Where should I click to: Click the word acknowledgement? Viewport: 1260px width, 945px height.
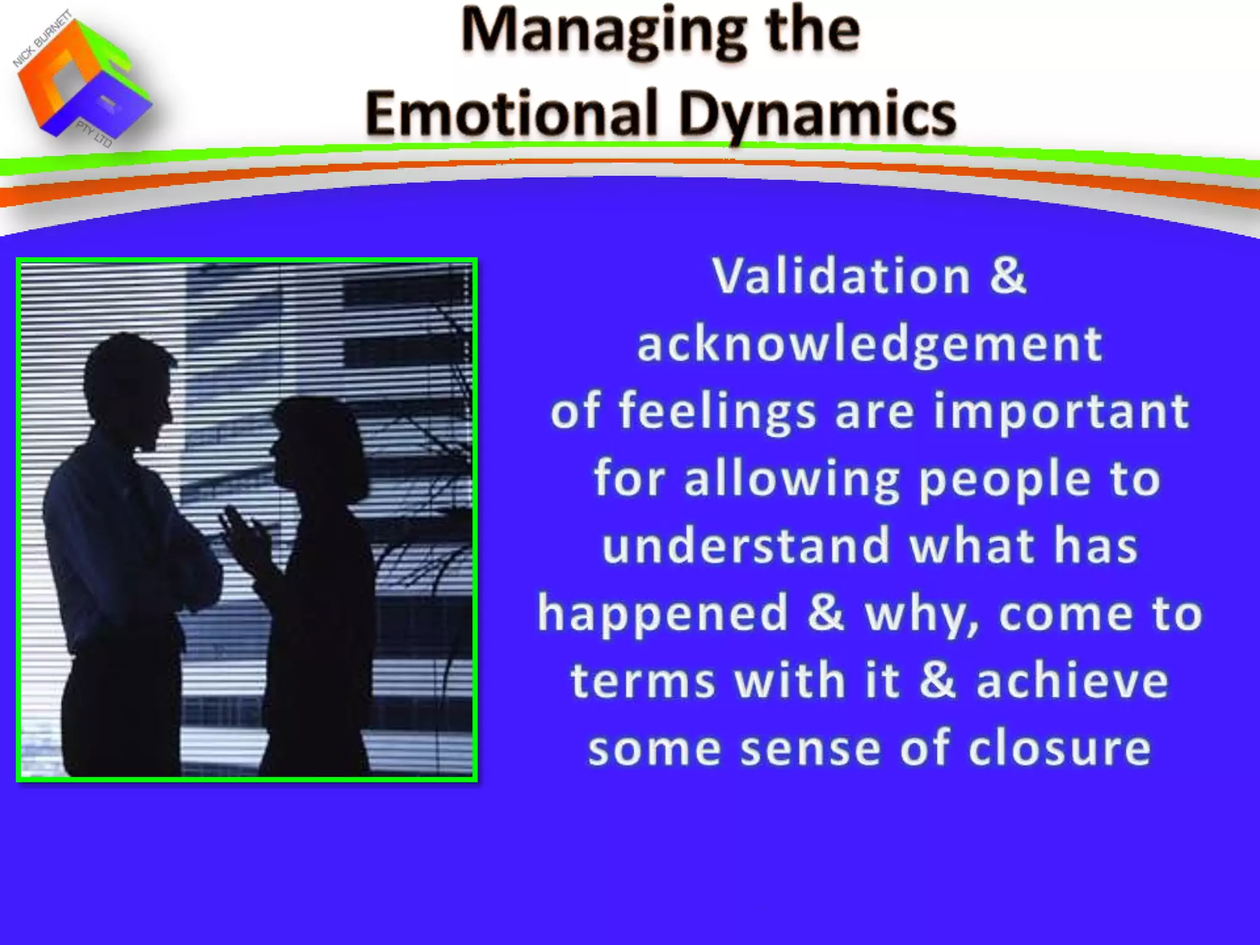(869, 344)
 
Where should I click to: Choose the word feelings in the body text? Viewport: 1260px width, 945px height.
(717, 412)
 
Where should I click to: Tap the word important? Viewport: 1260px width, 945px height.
(1061, 412)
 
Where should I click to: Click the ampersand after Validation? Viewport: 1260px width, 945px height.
(1008, 276)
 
